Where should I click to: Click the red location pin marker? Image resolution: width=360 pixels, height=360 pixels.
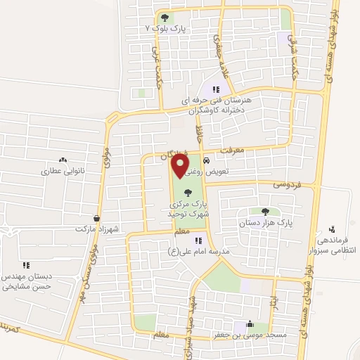181,165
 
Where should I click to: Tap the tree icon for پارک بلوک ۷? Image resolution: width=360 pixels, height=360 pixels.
165,18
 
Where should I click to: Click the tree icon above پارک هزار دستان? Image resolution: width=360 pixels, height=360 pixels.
265,212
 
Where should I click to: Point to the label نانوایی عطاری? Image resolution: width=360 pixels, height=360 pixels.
63,171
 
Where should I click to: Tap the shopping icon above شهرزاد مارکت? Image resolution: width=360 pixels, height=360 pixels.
96,219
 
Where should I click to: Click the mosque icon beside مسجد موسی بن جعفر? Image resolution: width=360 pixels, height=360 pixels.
250,325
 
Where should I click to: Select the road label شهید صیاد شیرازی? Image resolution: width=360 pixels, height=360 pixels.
190,316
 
